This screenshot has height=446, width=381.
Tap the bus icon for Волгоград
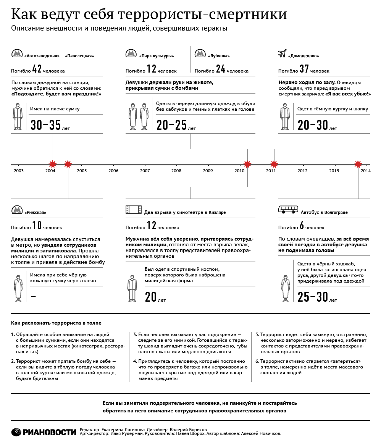point(288,210)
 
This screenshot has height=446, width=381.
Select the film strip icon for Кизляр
point(133,210)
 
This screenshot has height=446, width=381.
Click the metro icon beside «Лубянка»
point(200,53)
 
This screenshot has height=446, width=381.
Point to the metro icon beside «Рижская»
point(16,210)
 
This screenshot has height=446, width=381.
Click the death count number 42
point(37,69)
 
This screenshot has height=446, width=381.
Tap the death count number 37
point(304,69)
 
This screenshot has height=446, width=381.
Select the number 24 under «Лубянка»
point(221,69)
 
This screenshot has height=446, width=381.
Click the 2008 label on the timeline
point(176,171)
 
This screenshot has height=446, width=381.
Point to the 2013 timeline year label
point(334,171)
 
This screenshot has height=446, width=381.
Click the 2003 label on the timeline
point(18,171)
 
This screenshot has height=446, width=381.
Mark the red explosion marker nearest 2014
point(358,164)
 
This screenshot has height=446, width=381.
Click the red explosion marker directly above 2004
point(53,164)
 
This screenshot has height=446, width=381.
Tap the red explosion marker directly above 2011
point(274,165)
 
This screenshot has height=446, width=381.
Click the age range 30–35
point(45,125)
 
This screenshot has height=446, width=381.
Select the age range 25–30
point(313,297)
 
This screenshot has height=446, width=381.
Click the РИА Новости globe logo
point(17,432)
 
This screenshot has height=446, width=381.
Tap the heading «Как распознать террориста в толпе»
point(57,323)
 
